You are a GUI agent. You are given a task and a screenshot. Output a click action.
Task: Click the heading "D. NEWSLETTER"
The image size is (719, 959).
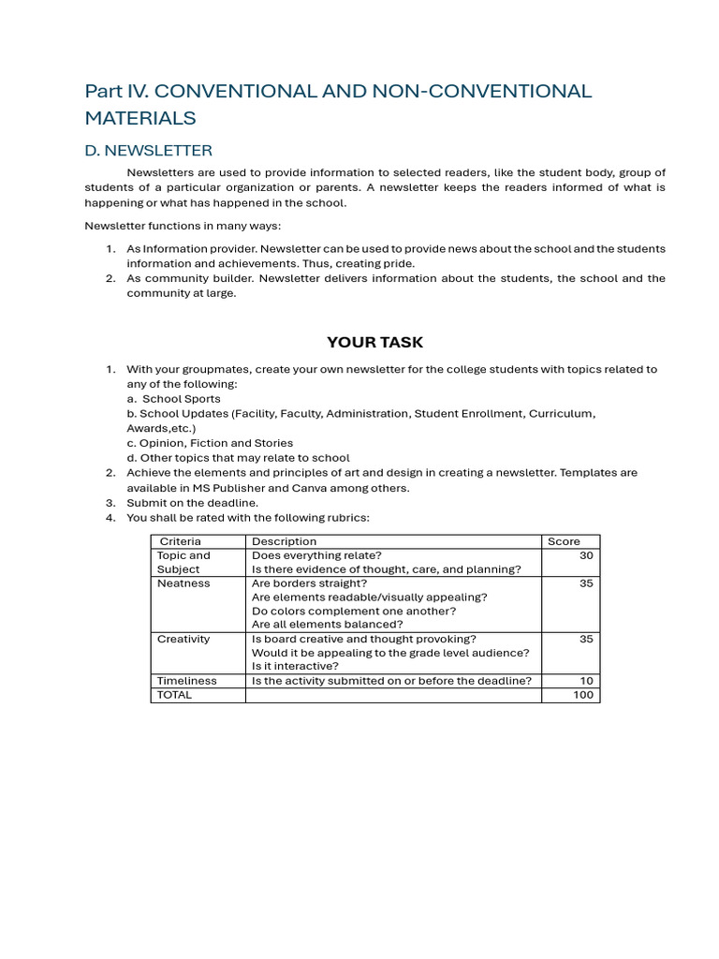pos(148,150)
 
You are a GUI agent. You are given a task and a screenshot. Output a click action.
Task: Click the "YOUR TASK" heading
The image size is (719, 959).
pos(374,342)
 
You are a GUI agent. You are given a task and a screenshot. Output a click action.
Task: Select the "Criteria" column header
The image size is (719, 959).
pos(180,541)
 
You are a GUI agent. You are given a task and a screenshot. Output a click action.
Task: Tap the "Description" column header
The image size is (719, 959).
pos(285,541)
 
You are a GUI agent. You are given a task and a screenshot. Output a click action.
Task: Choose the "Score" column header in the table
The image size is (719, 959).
pos(564,541)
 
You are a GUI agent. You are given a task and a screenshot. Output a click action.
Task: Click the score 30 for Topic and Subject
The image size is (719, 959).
pos(586,555)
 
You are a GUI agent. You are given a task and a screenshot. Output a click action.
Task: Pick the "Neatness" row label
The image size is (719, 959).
pos(183,583)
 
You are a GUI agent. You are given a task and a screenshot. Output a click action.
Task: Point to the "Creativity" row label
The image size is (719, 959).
pos(183,640)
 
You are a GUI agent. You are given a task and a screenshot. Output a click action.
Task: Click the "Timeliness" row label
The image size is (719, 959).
pos(186,681)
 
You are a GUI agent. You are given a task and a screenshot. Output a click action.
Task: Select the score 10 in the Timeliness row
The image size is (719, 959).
pos(587,681)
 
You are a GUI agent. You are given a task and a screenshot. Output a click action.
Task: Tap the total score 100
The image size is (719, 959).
pos(583,695)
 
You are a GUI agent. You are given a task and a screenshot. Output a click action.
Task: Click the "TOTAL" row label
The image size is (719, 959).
pos(174,695)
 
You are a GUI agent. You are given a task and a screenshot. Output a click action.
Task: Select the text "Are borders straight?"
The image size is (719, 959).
pos(309,583)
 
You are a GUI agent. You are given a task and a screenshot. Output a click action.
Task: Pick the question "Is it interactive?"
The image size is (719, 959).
pos(295,667)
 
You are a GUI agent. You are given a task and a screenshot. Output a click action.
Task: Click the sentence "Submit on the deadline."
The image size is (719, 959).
pos(193,503)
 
